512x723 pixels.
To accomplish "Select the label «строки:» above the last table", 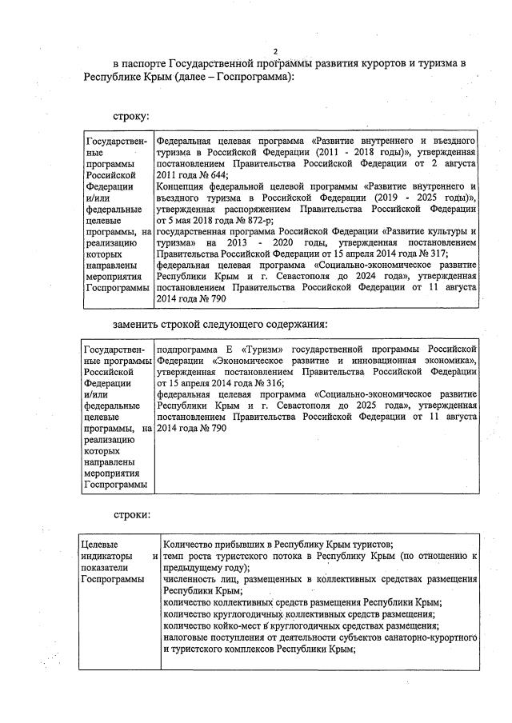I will (x=130, y=514).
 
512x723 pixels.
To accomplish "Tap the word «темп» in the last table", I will (x=174, y=554).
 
